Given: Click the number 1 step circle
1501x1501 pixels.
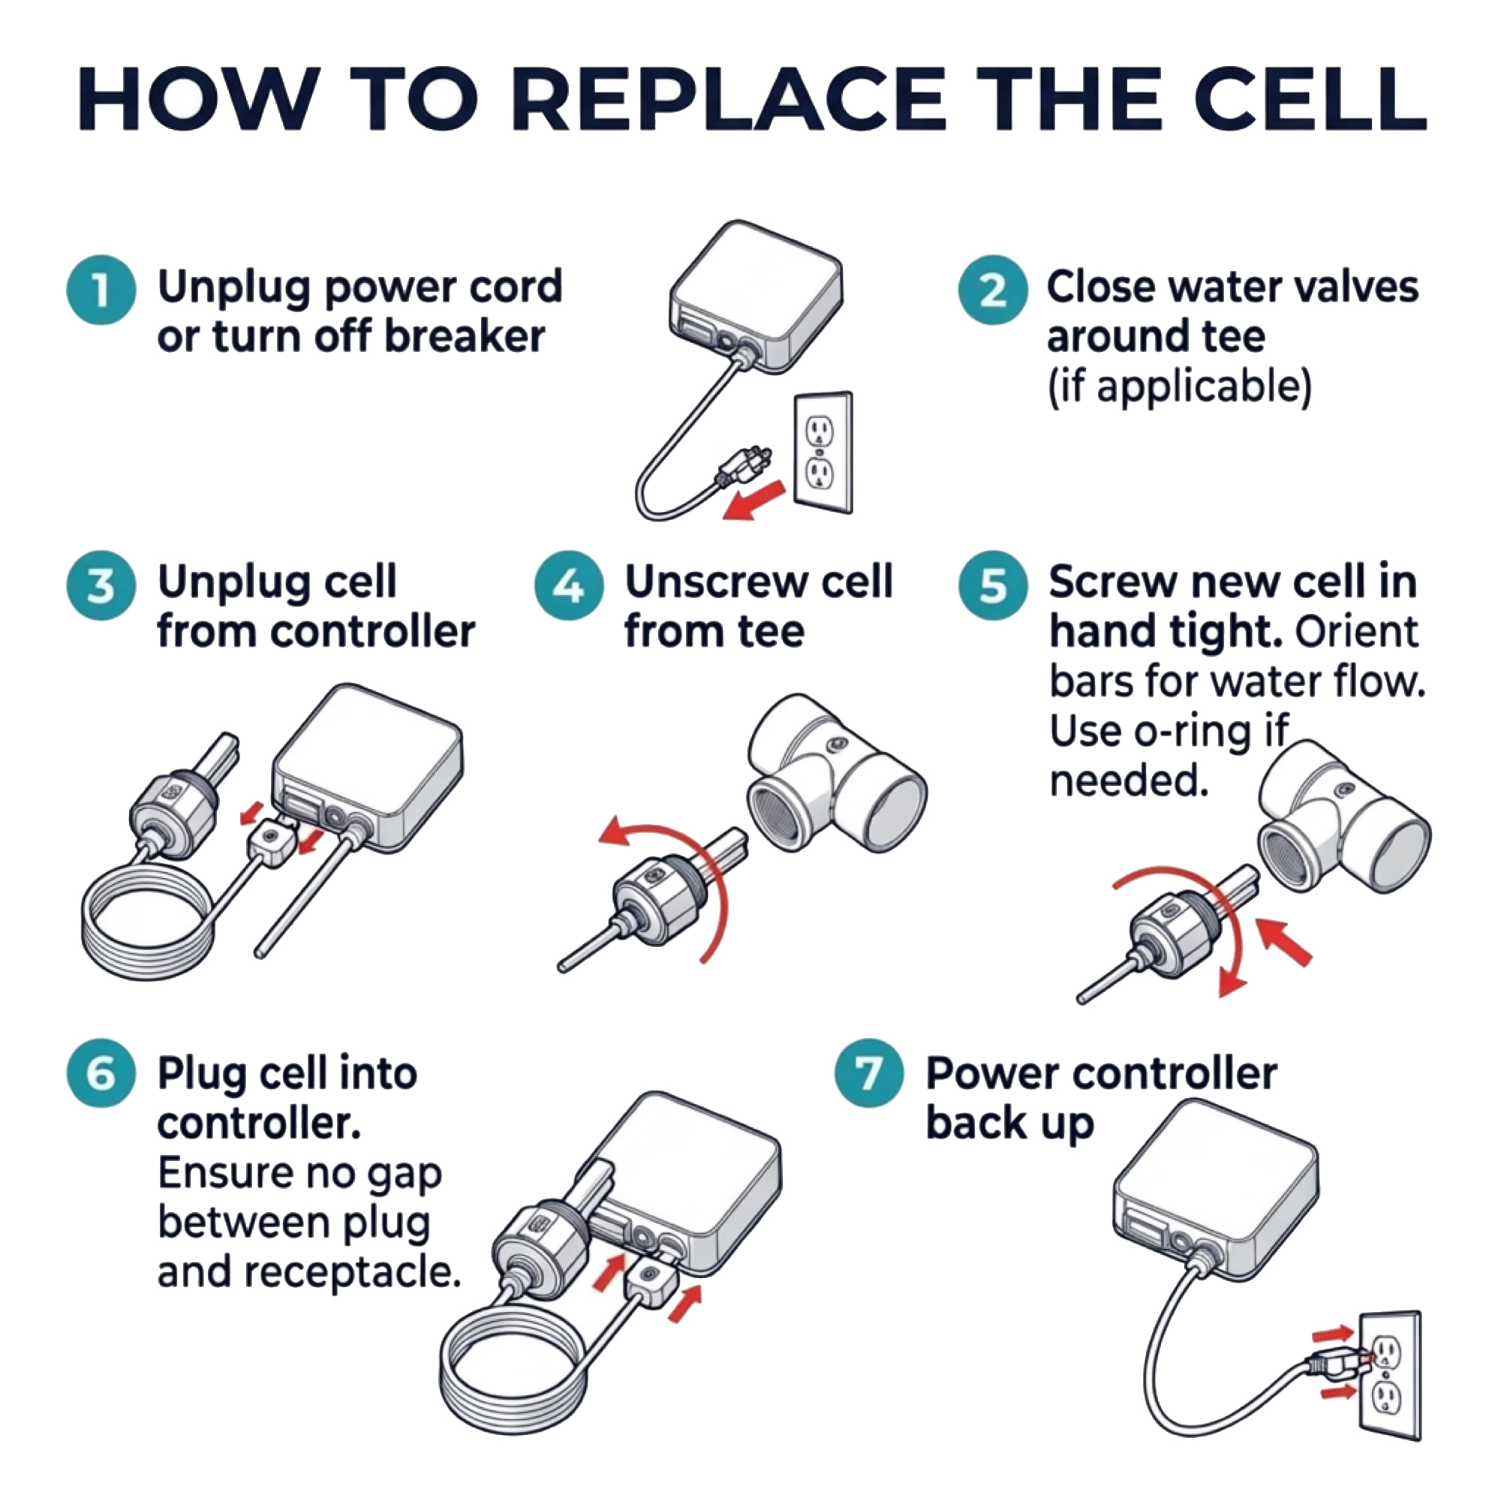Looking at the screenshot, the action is coord(101,290).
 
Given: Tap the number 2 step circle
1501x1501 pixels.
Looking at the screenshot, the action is coord(992,290).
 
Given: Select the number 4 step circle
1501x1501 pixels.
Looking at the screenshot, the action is coord(569,585).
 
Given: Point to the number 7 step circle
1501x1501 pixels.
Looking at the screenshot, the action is coord(868,1073).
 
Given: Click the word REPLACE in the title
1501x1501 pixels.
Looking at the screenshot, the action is coord(729,101).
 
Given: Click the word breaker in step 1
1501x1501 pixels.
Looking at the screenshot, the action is coord(464,336).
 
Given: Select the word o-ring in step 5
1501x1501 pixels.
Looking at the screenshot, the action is coord(1197,731).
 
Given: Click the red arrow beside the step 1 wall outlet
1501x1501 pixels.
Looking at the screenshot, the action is coord(754,499).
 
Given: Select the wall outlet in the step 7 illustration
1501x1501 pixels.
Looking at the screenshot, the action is coord(1390,1375).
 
